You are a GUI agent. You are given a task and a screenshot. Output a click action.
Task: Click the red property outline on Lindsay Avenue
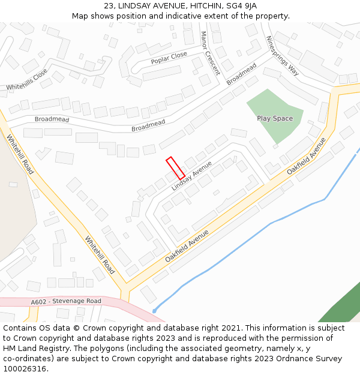point(175,167)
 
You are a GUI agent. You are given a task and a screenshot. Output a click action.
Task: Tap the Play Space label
point(275,118)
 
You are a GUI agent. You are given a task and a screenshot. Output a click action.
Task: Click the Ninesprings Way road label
point(282,55)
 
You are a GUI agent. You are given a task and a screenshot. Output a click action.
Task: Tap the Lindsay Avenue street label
point(191,176)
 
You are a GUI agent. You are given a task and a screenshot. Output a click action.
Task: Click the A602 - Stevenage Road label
point(66,301)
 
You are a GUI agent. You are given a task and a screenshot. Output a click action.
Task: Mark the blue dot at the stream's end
point(154,311)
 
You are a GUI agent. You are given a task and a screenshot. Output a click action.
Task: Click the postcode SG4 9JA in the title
point(242,5)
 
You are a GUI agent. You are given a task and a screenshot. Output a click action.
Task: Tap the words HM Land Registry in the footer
point(31,348)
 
